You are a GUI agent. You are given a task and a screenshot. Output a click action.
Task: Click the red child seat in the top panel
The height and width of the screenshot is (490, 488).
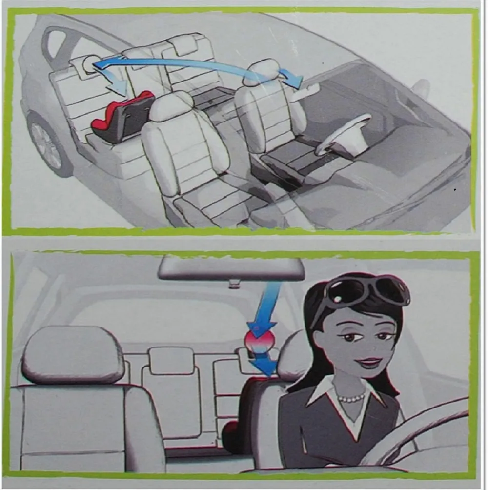click(122, 119)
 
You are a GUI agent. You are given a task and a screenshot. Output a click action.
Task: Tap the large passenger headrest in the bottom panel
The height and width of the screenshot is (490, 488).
click(72, 354)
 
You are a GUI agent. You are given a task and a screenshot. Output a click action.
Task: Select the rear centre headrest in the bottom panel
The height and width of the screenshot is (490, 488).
click(171, 360)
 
